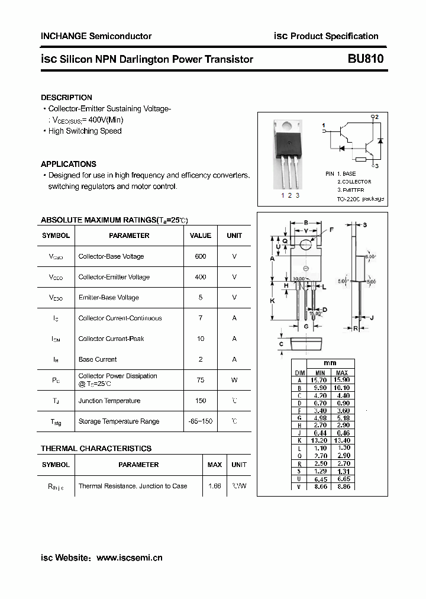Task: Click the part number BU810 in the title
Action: (366, 59)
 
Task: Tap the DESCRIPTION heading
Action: (66, 97)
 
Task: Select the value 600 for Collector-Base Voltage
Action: (201, 256)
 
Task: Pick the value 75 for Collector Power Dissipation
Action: (201, 380)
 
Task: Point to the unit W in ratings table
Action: (234, 380)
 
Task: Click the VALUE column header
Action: (201, 236)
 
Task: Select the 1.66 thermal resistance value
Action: (214, 486)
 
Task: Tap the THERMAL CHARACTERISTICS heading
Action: (96, 449)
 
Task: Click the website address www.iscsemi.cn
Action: (129, 558)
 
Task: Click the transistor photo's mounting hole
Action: (288, 125)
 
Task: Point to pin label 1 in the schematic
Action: (324, 125)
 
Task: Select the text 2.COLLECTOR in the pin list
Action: (354, 182)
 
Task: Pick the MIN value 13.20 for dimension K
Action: (319, 441)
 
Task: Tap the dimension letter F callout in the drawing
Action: (331, 229)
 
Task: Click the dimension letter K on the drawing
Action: (272, 301)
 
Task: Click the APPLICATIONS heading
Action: (68, 164)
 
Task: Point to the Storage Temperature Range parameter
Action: (118, 421)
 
